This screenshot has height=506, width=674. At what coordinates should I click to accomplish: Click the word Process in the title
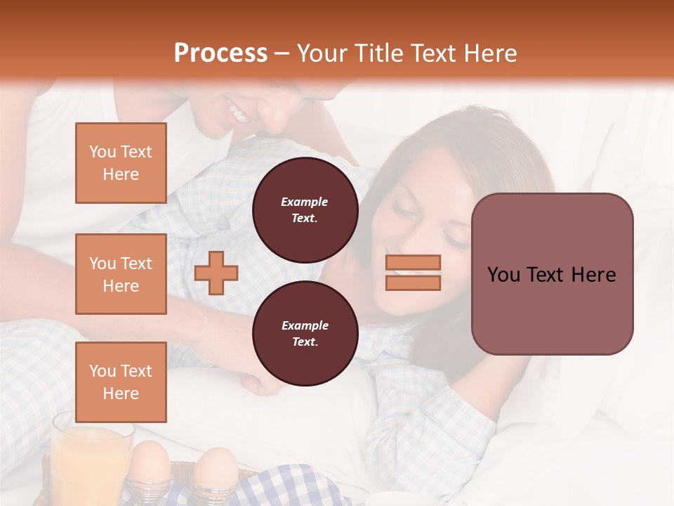(x=220, y=53)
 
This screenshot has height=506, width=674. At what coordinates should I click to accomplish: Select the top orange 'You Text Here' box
(x=121, y=163)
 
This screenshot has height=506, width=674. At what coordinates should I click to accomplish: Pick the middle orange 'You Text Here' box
(x=121, y=274)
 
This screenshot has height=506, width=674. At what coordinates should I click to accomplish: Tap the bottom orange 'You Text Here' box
(x=121, y=382)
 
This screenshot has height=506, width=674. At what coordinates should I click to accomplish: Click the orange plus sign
(x=216, y=272)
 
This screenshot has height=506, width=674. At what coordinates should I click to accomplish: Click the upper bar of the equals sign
(x=413, y=262)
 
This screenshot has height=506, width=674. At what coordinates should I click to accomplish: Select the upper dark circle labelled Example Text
(x=305, y=210)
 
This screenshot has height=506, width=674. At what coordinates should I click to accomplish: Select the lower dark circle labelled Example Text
(x=305, y=334)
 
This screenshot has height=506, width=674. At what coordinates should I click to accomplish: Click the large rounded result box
(x=552, y=274)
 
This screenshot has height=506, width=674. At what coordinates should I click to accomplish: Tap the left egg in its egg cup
(x=150, y=467)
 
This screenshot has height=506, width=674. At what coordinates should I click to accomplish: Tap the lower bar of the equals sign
(x=413, y=283)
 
